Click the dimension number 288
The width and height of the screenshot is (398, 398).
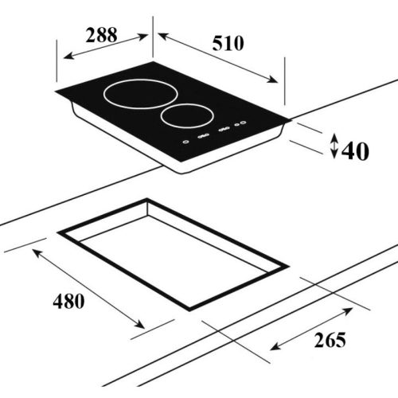point(101,35)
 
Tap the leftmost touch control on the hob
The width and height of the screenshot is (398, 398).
point(185,142)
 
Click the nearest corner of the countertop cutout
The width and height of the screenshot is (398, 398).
point(189,309)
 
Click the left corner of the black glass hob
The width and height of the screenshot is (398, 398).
point(57,95)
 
